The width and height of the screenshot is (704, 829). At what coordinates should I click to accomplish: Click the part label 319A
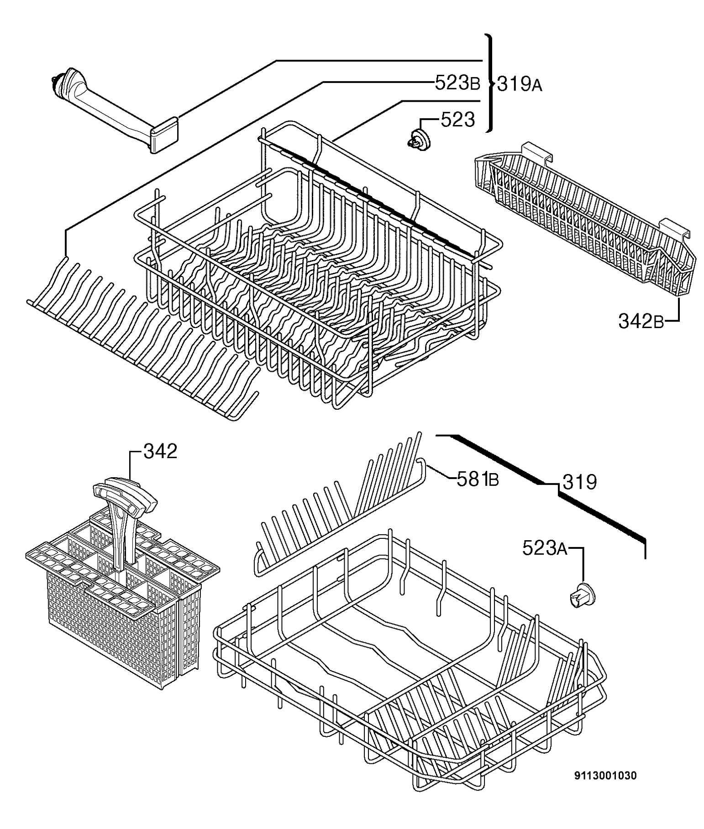(x=519, y=84)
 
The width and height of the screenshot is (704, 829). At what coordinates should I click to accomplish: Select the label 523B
(x=457, y=83)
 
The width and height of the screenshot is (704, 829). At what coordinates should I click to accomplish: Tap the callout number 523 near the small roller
(x=458, y=120)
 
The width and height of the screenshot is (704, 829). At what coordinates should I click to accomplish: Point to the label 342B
(x=641, y=321)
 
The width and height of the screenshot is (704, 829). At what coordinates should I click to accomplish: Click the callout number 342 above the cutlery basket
(x=160, y=451)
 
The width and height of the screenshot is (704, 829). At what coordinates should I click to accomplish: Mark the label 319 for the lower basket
(x=579, y=482)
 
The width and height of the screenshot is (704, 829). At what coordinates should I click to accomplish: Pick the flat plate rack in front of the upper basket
(x=142, y=333)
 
